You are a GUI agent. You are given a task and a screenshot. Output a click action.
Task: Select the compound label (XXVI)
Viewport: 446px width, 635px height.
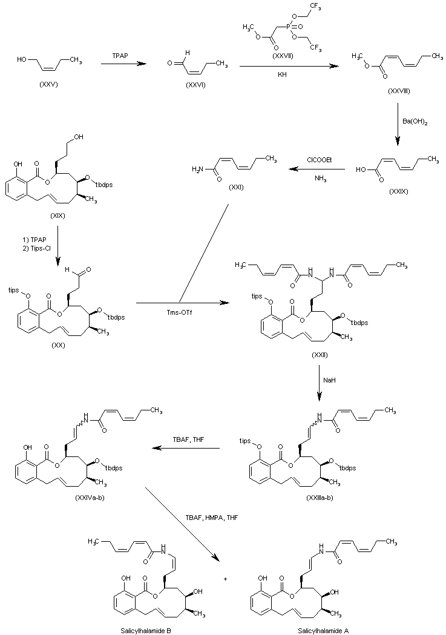point(195,84)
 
